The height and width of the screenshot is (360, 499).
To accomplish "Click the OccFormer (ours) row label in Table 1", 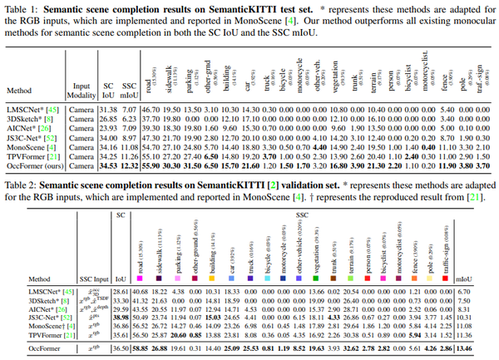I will [32, 166].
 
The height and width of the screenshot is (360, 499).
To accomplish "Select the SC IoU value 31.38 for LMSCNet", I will [107, 110].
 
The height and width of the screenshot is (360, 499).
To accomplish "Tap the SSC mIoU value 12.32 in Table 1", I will [127, 166].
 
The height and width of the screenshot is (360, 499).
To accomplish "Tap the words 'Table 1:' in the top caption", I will [22, 7].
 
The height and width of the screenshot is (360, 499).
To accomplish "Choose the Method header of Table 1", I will [19, 89].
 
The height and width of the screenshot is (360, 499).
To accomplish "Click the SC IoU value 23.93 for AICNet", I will [107, 128].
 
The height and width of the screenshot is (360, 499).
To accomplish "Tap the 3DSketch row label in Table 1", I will [27, 119].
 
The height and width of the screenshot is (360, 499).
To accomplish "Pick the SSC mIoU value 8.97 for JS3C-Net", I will [127, 137].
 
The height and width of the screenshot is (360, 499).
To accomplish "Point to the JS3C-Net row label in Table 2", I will [28, 316].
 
